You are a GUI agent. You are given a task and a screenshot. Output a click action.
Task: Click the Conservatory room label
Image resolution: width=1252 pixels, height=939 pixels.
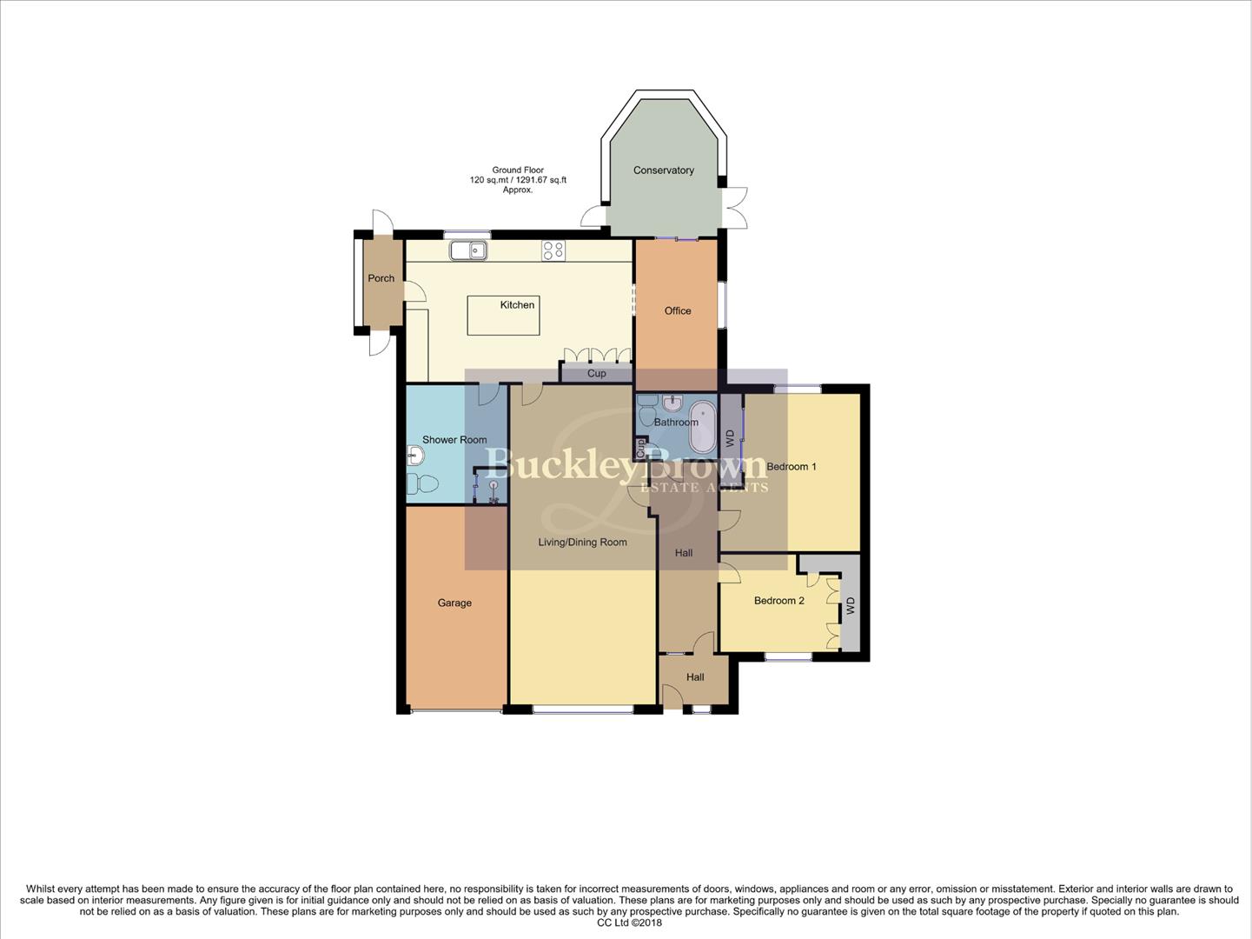tap(663, 170)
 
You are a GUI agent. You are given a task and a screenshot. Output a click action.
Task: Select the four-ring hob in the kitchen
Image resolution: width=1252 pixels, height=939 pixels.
tap(553, 250)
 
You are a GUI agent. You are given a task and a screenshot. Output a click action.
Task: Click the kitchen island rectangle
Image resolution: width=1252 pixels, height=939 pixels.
tap(503, 315)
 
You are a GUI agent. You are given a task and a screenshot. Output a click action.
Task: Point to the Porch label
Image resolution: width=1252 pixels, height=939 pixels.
tap(381, 278)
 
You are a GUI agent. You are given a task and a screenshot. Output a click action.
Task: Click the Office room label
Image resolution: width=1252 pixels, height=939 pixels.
tap(678, 310)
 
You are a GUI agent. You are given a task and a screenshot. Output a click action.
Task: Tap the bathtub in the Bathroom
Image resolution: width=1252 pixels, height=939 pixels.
tap(702, 423)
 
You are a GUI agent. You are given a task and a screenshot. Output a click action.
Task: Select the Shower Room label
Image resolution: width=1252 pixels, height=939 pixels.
tap(454, 440)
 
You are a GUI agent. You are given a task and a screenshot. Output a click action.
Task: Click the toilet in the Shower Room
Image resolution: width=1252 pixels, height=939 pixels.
tap(423, 484)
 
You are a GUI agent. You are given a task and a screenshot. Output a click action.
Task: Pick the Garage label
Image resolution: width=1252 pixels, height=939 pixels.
tap(454, 603)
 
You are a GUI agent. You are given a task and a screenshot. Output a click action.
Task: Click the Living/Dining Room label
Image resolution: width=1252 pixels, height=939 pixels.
tap(582, 542)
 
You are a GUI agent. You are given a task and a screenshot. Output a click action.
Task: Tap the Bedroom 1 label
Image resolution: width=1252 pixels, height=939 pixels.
tap(792, 467)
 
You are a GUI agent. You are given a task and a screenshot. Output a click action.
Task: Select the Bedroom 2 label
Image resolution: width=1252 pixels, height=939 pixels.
tap(778, 601)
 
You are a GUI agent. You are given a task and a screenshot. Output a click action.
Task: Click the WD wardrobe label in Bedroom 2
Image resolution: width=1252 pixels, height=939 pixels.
tap(851, 605)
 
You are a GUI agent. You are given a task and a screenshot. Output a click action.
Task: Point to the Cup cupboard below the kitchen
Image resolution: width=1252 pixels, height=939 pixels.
tap(596, 374)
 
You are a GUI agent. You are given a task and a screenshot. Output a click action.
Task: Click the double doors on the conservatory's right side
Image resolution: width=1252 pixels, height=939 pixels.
tap(735, 208)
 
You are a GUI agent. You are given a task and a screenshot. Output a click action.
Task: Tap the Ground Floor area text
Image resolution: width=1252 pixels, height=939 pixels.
tap(518, 180)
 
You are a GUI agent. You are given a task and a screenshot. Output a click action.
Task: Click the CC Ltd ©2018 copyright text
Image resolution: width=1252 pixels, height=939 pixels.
tap(629, 922)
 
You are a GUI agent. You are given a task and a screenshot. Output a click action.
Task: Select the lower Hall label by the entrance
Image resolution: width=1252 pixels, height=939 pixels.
tap(695, 677)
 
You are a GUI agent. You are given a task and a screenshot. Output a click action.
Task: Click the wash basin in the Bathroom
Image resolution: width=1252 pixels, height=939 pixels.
tap(672, 403)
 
